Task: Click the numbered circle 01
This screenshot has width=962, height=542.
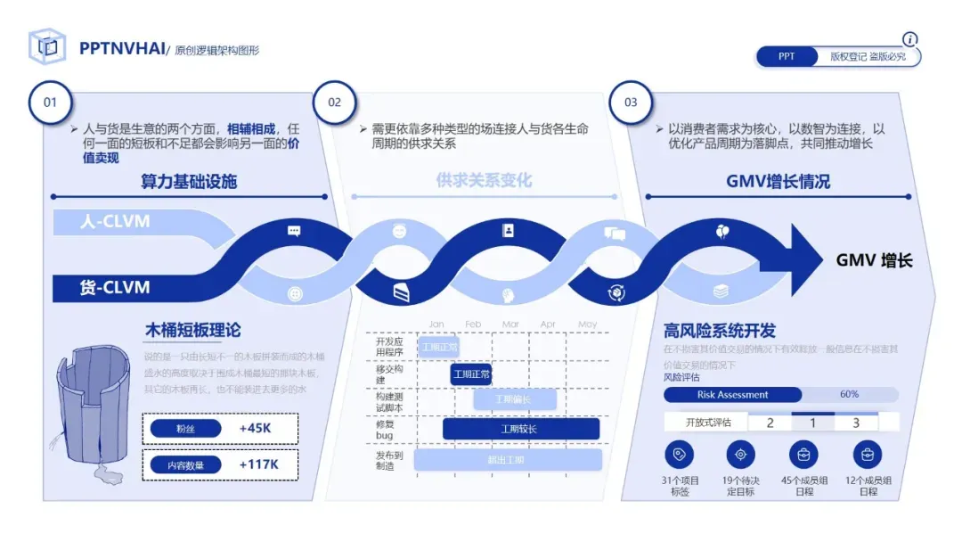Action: tap(51, 102)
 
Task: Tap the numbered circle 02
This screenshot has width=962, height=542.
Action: tap(334, 102)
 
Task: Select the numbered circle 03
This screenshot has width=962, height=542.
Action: tap(631, 102)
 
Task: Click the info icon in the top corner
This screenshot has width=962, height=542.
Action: tap(909, 39)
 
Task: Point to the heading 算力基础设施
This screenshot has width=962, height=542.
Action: tap(189, 182)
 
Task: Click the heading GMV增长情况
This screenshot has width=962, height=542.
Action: tap(778, 182)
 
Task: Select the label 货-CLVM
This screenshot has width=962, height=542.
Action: tap(115, 288)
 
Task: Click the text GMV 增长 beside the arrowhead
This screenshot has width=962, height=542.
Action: tap(874, 260)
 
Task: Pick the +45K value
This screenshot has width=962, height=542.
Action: tap(255, 429)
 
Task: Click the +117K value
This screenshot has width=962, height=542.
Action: tap(258, 464)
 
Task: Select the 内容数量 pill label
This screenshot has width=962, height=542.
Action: tap(185, 464)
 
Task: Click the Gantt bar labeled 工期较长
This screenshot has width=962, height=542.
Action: tap(520, 430)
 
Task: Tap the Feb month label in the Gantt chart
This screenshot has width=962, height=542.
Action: tap(473, 324)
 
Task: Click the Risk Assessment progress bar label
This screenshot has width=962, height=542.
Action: tap(732, 395)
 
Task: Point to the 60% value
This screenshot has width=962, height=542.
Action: tap(849, 395)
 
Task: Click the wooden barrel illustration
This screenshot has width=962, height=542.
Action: tap(94, 410)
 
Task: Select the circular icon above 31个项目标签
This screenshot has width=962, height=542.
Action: tap(680, 455)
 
